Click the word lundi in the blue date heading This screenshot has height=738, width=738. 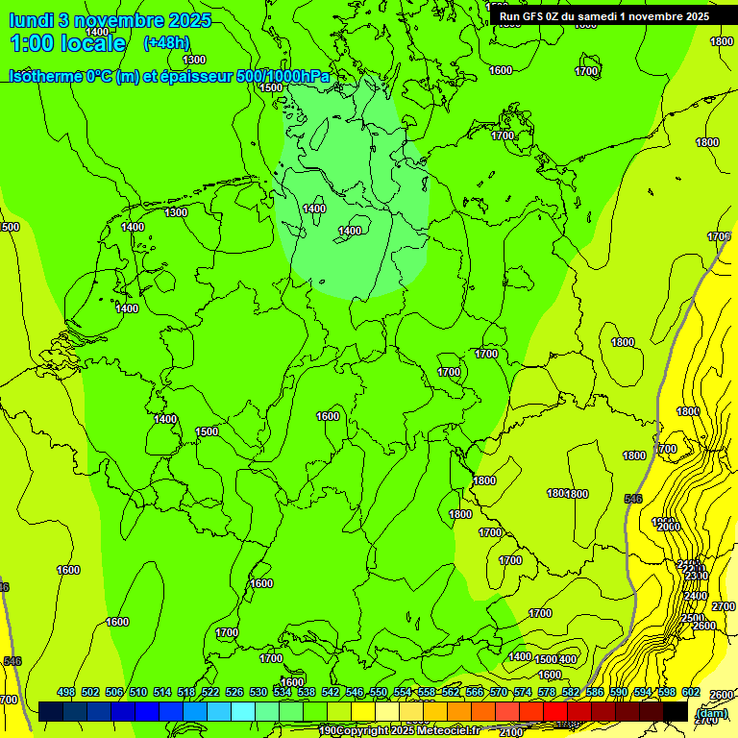31,20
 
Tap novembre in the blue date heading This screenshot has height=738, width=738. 119,20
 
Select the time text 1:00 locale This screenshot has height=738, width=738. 68,43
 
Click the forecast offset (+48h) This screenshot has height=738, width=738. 165,43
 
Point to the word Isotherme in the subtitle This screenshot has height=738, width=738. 44,76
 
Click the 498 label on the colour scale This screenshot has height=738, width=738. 66,692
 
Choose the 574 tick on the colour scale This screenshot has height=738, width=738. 522,692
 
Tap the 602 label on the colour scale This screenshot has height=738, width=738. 690,692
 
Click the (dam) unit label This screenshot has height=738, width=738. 710,713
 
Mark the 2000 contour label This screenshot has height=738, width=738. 668,527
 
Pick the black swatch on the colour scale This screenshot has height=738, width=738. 676,712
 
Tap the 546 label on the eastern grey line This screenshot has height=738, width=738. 632,499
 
